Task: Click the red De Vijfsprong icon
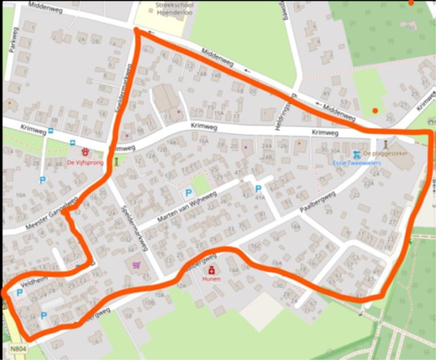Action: click(85, 151)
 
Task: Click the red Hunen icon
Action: click(211, 269)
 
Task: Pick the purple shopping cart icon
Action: click(136, 265)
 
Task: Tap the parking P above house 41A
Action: click(258, 188)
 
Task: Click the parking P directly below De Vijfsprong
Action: click(42, 181)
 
